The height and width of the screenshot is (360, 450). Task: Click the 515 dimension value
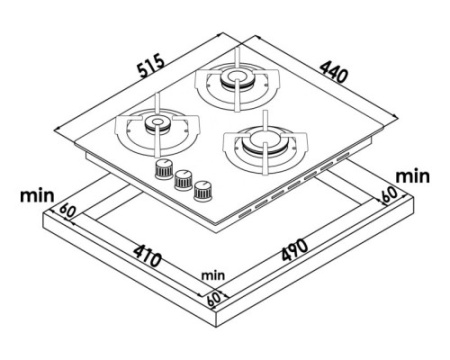[151, 65]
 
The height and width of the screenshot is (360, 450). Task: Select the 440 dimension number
[334, 72]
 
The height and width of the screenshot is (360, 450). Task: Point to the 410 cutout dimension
[147, 256]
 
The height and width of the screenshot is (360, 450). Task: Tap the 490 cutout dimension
[295, 250]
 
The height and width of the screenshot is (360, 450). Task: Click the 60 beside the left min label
[68, 211]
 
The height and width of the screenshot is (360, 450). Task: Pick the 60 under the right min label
[389, 194]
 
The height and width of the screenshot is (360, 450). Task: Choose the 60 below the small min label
[214, 298]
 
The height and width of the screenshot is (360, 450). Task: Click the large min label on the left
[37, 196]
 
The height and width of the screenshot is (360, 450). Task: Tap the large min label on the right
[412, 176]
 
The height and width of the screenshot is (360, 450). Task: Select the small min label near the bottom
[213, 276]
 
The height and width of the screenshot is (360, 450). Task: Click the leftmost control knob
[164, 169]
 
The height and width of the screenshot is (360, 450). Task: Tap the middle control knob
[184, 180]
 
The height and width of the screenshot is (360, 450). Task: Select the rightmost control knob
[203, 191]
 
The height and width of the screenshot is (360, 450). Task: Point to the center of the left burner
[157, 122]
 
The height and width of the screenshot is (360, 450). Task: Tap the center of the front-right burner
[264, 139]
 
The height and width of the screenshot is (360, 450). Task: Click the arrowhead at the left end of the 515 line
[57, 128]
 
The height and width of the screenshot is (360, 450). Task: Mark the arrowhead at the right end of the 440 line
[396, 117]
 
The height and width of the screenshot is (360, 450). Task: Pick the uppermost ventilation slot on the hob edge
[343, 156]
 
